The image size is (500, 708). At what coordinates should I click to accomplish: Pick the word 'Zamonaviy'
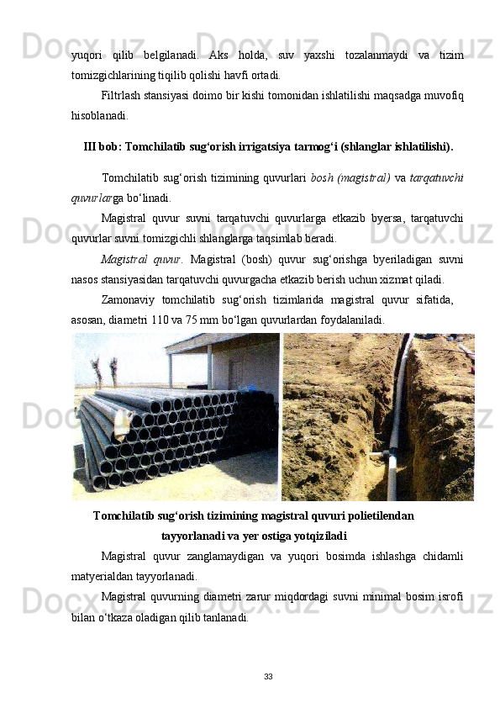(x=128, y=299)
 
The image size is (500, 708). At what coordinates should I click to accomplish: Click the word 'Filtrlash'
(x=122, y=93)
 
